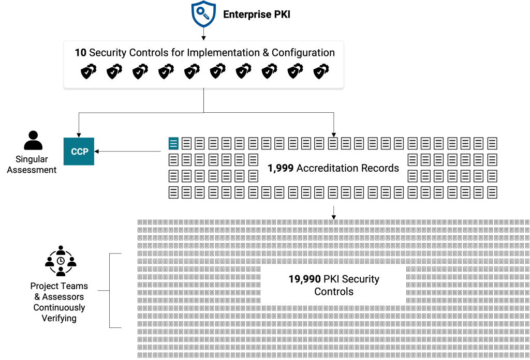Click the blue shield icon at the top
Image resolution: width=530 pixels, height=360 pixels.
click(x=203, y=14)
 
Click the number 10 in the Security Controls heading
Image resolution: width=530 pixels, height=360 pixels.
click(x=80, y=53)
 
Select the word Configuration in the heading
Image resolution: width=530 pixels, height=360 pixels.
click(x=303, y=53)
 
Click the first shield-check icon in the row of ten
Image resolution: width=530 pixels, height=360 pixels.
click(x=89, y=72)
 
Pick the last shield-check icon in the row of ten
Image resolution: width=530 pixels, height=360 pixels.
click(x=321, y=72)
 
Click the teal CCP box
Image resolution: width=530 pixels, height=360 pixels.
click(x=79, y=152)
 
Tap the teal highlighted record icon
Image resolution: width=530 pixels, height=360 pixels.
click(x=173, y=143)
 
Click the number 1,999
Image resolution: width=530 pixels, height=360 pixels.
click(x=281, y=168)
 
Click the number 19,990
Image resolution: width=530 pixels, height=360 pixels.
click(x=304, y=279)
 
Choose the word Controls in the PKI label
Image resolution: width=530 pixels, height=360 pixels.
click(x=334, y=292)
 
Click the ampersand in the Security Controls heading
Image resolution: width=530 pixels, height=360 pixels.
click(x=264, y=53)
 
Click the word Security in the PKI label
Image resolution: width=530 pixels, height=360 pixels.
click(x=361, y=279)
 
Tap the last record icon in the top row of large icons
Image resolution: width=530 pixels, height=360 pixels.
click(x=492, y=143)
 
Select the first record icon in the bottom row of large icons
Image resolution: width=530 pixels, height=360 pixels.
click(x=173, y=193)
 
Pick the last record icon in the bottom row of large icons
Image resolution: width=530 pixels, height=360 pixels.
click(x=492, y=193)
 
